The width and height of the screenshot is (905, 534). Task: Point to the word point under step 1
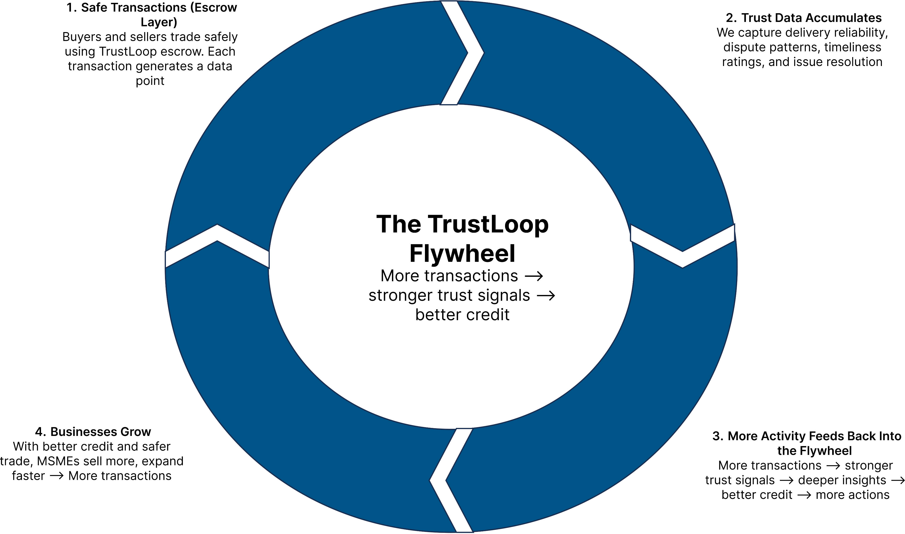(150, 81)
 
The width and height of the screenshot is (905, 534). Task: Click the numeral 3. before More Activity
(718, 436)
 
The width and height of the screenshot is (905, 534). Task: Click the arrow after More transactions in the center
(534, 276)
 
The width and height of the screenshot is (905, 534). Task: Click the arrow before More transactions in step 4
(57, 476)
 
